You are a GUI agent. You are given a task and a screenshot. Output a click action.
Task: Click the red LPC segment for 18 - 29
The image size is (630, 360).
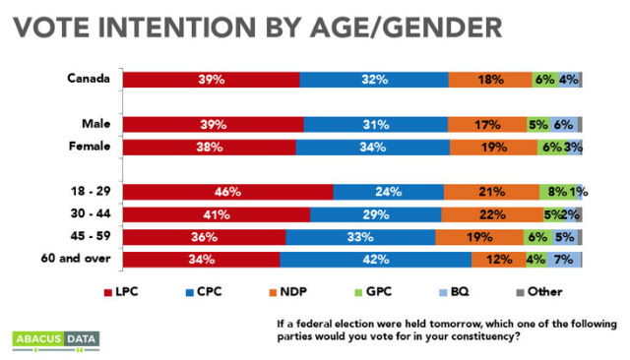227,192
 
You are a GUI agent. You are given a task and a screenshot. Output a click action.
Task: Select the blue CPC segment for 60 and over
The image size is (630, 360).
376,260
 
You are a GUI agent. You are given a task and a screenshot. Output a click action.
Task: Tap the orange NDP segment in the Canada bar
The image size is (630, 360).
490,80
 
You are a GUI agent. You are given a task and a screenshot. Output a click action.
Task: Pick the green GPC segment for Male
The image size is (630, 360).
538,125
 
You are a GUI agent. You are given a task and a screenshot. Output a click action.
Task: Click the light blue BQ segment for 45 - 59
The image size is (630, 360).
565,237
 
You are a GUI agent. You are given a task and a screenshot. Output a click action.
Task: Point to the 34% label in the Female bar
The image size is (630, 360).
373,148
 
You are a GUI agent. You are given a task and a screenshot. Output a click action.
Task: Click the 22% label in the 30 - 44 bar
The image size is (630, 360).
492,214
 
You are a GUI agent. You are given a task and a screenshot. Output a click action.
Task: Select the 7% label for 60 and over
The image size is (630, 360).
563,260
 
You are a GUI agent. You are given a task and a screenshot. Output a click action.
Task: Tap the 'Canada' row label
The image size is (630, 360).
89,78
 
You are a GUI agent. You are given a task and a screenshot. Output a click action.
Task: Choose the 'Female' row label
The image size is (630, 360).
90,147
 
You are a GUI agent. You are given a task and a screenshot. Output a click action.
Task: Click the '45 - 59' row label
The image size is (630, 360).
91,236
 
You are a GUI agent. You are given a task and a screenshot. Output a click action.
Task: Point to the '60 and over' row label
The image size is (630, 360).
76,258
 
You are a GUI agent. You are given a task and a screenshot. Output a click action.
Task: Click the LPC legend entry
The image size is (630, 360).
121,292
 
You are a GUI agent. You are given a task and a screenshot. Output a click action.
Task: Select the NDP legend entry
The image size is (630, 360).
288,292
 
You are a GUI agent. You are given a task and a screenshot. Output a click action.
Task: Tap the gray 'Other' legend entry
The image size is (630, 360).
539,292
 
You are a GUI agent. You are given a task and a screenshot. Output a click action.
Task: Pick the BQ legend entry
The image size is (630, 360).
454,292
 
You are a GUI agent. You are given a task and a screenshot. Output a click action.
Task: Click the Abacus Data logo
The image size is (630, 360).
56,341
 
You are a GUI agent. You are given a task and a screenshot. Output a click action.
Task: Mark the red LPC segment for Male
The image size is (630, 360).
214,125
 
